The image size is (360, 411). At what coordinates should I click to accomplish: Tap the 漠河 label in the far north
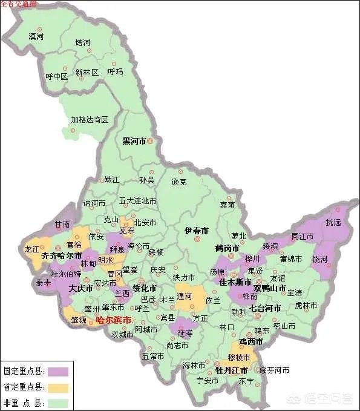36,37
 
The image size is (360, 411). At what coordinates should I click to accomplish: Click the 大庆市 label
80,289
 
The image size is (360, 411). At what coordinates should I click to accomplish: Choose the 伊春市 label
196,231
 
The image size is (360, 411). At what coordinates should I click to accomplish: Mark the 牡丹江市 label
232,370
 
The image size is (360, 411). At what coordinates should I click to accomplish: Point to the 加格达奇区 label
89,120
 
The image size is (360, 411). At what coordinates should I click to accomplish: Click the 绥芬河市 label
274,370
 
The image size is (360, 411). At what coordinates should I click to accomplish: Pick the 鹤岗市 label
227,248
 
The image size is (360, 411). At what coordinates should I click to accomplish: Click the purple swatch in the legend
59,370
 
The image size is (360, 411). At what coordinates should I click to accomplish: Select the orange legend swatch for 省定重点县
59,386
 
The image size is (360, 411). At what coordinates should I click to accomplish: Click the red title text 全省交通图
19,4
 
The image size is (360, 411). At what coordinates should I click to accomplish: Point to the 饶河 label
319,259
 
